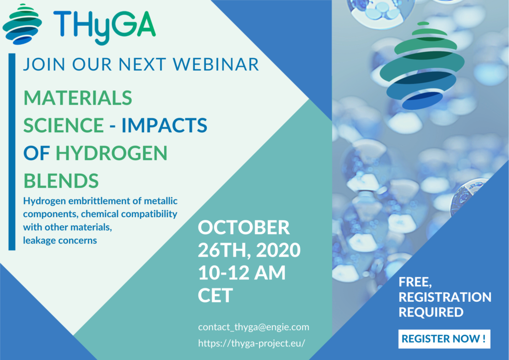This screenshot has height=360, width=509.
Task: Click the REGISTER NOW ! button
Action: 444,339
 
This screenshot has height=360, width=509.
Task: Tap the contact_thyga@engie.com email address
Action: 254,327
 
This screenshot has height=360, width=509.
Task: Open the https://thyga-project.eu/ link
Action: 252,344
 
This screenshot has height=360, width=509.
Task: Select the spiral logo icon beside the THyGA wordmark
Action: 22,24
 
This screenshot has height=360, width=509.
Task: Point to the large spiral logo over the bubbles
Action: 422,66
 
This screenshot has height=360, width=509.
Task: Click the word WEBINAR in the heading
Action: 216,64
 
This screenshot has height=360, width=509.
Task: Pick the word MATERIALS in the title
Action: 78,98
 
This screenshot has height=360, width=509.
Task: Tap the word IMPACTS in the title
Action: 164,125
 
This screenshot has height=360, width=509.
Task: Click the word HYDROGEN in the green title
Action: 112,153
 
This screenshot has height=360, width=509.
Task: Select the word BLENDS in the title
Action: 61,181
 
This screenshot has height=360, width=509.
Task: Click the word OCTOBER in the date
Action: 244,228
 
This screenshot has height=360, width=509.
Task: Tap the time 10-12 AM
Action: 242,272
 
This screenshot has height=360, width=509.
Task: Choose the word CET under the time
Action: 215,295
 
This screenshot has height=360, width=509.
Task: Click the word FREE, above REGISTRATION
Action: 415,282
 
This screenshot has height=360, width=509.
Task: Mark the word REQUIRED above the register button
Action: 431,312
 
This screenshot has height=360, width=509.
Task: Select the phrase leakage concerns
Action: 60,241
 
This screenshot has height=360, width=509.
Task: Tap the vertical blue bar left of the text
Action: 12,152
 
